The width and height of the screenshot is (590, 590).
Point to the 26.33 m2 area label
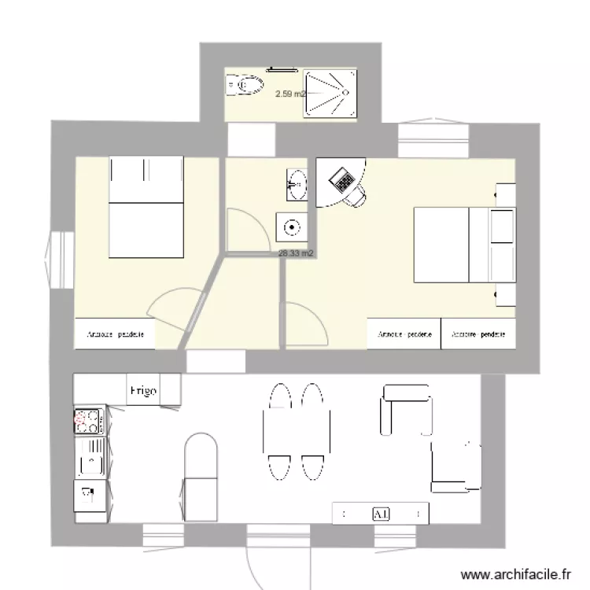point(297,253)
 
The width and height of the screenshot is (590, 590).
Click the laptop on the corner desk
point(344,180)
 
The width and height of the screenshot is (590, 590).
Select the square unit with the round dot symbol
point(292,227)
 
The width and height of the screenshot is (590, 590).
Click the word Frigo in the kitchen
point(143,390)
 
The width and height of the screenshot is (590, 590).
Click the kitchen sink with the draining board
point(89,457)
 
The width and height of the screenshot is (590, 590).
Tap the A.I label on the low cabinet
point(381,514)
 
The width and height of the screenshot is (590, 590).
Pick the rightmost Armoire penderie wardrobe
point(478,334)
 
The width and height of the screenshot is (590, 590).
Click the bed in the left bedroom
point(147,207)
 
